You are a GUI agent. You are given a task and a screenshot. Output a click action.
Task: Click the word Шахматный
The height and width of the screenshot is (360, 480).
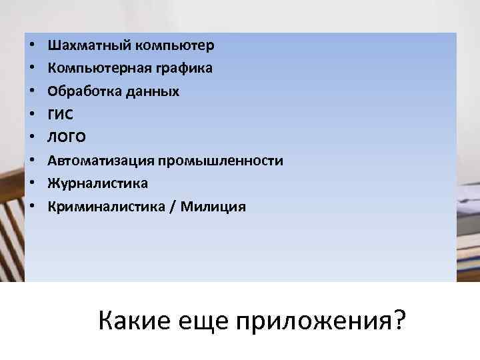pyautogui.click(x=89, y=45)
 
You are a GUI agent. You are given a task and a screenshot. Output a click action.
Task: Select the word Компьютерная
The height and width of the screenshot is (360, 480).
pyautogui.click(x=97, y=68)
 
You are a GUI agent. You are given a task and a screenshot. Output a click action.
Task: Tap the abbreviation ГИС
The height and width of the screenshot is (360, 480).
pyautogui.click(x=61, y=114)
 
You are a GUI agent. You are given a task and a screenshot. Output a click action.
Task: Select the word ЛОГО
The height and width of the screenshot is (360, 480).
pyautogui.click(x=67, y=137)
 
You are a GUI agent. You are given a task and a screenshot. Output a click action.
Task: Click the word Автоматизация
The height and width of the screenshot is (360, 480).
pyautogui.click(x=99, y=161)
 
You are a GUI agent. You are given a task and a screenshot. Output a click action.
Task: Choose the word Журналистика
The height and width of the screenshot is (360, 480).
pyautogui.click(x=97, y=183)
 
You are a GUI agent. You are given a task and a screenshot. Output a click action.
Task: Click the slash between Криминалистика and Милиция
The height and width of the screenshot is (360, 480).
pyautogui.click(x=173, y=207)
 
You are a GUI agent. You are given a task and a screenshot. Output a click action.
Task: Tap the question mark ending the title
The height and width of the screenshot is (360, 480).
pyautogui.click(x=399, y=319)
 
